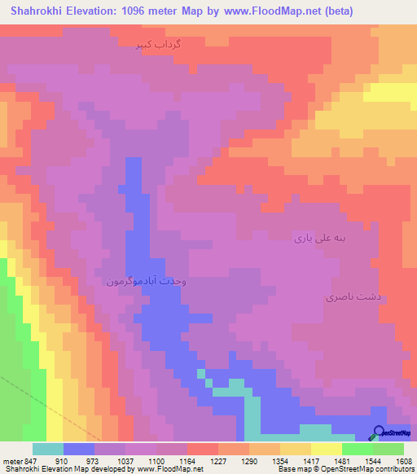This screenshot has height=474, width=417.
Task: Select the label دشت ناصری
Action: [348, 299]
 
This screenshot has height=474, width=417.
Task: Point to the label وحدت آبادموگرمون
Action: [147, 280]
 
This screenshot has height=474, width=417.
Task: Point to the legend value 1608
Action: [404, 460]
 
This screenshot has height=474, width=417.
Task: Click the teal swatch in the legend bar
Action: [48, 449]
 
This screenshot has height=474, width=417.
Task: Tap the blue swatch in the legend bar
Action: [79, 449]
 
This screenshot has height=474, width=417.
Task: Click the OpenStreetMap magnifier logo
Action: [378, 433]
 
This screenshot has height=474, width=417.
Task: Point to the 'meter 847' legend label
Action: [20, 460]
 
